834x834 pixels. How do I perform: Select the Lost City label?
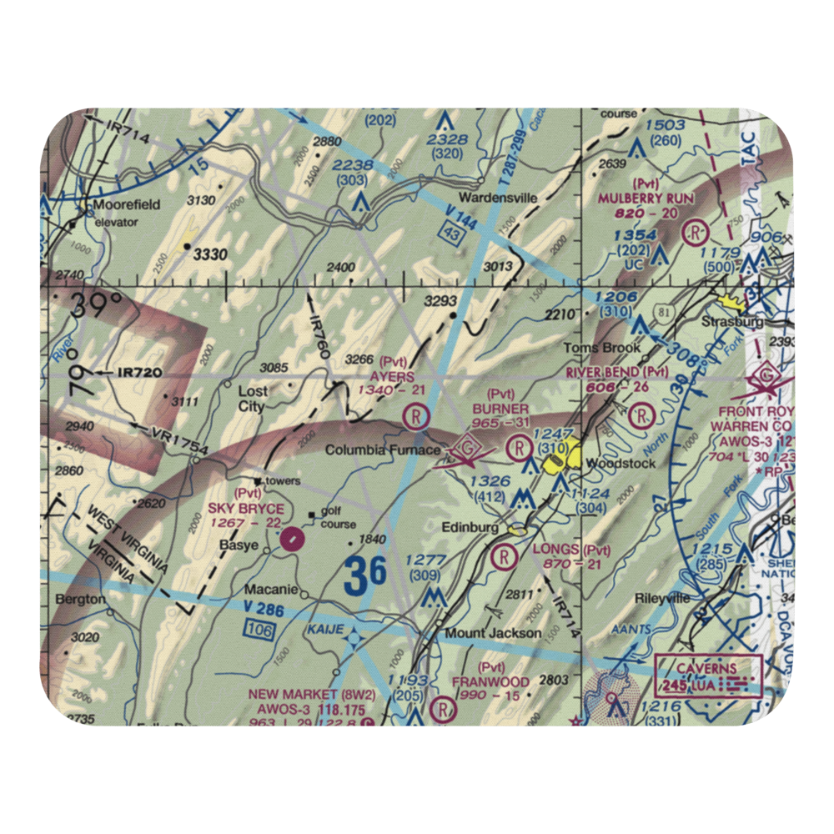[252, 399]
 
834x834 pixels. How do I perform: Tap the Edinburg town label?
[472, 528]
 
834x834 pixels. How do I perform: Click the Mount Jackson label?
[492, 633]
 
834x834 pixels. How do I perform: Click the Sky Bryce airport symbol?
[290, 538]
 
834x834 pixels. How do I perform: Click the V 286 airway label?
[265, 611]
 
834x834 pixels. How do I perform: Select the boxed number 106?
[260, 631]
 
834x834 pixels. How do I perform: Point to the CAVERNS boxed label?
[707, 668]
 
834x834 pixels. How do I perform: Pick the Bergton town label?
[81, 599]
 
